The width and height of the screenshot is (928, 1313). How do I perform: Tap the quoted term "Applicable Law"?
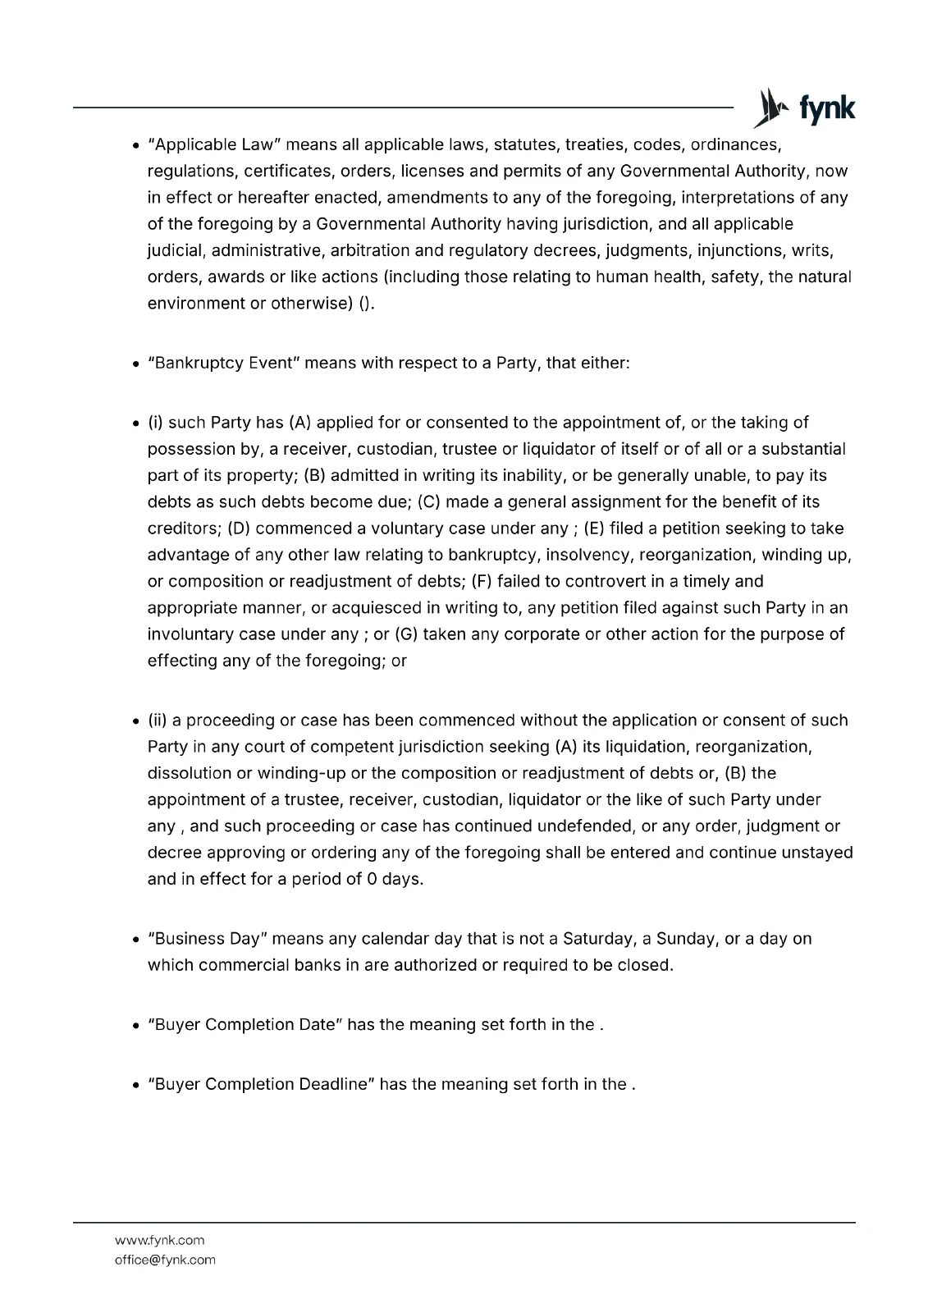215,145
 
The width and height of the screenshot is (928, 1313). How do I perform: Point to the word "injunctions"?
740,250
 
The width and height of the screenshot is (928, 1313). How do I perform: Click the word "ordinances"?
734,145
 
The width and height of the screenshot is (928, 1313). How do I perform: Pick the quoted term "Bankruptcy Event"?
226,363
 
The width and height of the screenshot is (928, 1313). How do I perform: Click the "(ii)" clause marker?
158,721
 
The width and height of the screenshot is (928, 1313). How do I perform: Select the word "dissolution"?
189,773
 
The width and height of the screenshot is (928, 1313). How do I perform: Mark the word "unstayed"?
816,853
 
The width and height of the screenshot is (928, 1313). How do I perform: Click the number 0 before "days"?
372,879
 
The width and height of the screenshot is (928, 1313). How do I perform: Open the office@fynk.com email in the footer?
165,1260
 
